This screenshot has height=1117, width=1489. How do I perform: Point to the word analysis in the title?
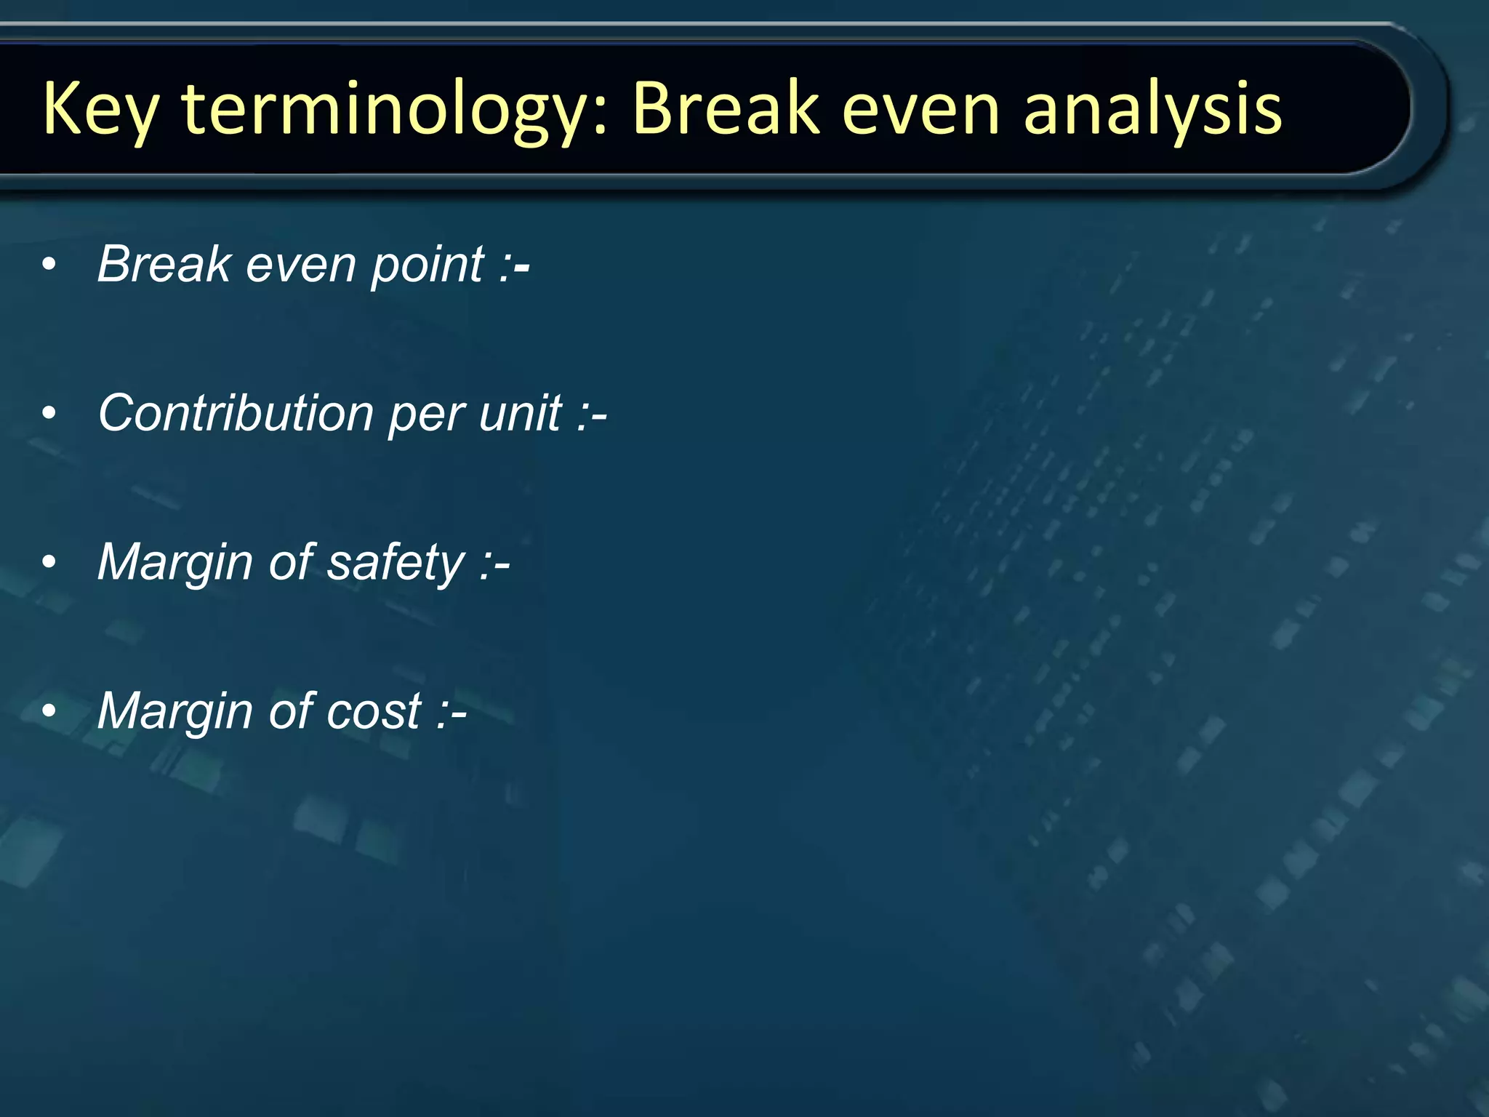tap(1152, 109)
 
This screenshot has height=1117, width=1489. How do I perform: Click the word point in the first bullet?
tap(428, 265)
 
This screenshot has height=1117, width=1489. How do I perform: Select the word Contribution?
tap(236, 413)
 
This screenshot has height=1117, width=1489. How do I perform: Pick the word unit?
tap(521, 413)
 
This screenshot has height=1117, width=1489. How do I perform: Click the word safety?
tap(396, 563)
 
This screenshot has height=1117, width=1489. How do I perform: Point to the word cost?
tap(374, 711)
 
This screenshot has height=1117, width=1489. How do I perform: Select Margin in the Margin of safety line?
tap(174, 563)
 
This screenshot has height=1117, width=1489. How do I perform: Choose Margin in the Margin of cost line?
tap(174, 711)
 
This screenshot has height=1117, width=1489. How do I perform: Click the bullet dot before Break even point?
tap(49, 265)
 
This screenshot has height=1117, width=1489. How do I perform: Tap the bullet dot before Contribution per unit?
tap(49, 414)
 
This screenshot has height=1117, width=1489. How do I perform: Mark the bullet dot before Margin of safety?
tap(49, 563)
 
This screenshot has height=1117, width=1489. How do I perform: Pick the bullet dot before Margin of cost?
tap(49, 711)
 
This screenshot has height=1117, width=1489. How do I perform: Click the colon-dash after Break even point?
tap(515, 266)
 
